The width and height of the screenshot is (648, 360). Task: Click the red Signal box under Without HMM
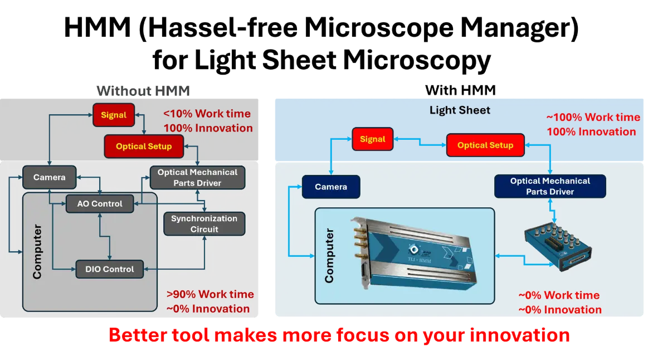coord(114,115)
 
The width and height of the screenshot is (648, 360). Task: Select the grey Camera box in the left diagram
coord(49,177)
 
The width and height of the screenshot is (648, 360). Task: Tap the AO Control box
coord(100,204)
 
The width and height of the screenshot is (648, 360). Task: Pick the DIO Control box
coord(110,269)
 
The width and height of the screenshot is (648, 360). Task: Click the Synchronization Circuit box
coord(204,223)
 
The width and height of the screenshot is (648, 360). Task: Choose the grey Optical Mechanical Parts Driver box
coord(197,177)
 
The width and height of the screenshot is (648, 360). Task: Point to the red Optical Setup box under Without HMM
coord(144,147)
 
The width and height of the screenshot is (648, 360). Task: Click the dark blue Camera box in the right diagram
coord(330,187)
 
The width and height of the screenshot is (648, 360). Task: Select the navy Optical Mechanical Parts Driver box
coord(550,186)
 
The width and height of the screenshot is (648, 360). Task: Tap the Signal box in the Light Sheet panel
coord(372,139)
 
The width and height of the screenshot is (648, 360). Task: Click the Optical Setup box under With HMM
coord(485,145)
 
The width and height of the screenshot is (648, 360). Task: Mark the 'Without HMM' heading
coord(143,90)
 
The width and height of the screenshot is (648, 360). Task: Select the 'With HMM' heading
coord(460,90)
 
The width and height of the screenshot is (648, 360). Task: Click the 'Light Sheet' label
coord(460,110)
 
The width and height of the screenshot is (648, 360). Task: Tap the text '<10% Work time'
coord(207,114)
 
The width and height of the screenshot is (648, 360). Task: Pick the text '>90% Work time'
coord(210,294)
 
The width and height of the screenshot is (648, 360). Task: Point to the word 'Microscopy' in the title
coord(417,60)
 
